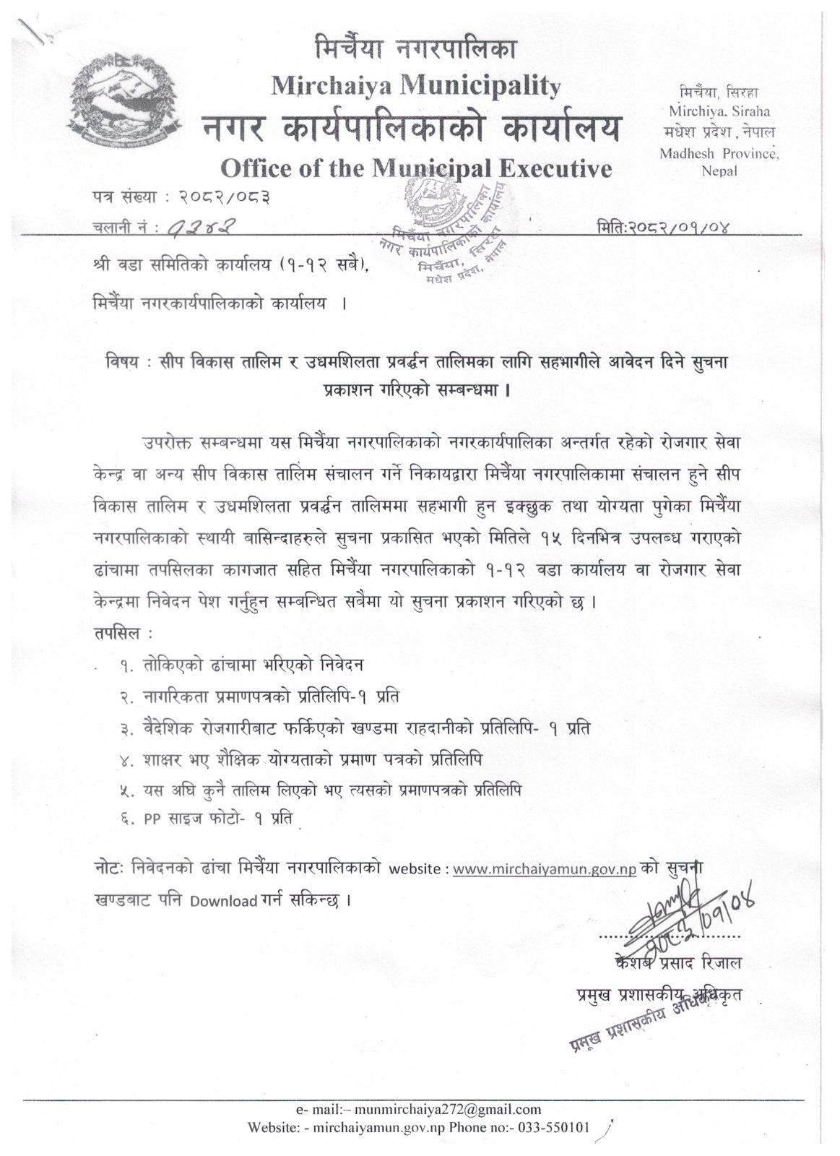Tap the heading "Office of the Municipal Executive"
[x=417, y=168]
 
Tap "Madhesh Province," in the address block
[x=719, y=153]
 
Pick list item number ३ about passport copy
[x=354, y=729]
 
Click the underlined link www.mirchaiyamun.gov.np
[x=545, y=869]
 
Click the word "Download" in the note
[x=224, y=902]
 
